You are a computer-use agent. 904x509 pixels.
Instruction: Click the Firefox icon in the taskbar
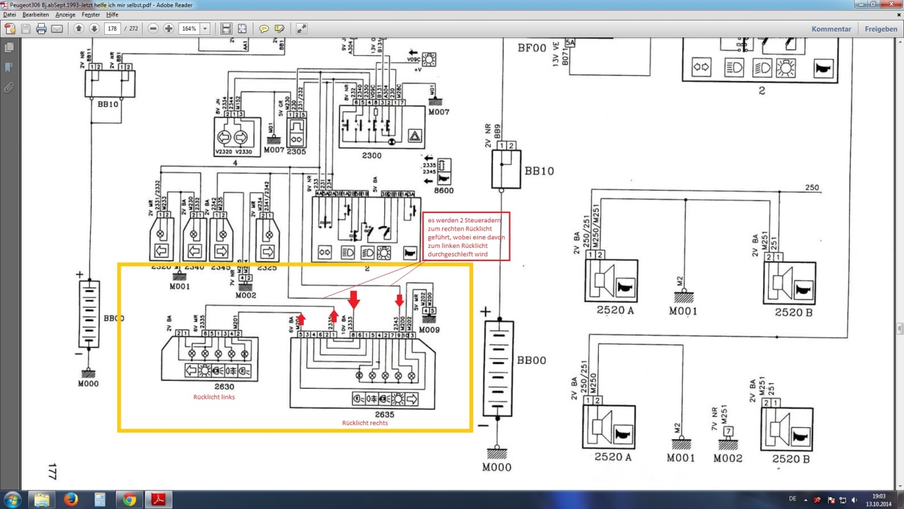[70, 500]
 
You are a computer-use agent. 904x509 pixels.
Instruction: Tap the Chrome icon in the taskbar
[129, 500]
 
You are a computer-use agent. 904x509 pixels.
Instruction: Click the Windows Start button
[12, 500]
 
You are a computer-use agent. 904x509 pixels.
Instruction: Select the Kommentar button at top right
[831, 29]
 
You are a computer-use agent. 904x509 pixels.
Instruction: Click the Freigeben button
[881, 29]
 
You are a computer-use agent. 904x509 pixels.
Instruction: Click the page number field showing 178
[112, 29]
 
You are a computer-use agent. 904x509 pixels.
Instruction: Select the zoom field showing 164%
[189, 29]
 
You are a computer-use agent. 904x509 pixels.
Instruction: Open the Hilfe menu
[112, 14]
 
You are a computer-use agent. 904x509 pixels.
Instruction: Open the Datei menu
[9, 14]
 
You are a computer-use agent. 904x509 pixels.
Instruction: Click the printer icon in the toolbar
[41, 29]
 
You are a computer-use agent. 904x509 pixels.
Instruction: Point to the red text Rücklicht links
[214, 397]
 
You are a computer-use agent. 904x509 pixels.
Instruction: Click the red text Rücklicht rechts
[365, 423]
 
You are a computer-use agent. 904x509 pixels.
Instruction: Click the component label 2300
[372, 155]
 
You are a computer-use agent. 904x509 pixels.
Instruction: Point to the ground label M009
[430, 330]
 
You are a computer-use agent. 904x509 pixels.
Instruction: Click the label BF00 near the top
[532, 47]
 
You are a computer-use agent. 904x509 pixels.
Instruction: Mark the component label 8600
[444, 191]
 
